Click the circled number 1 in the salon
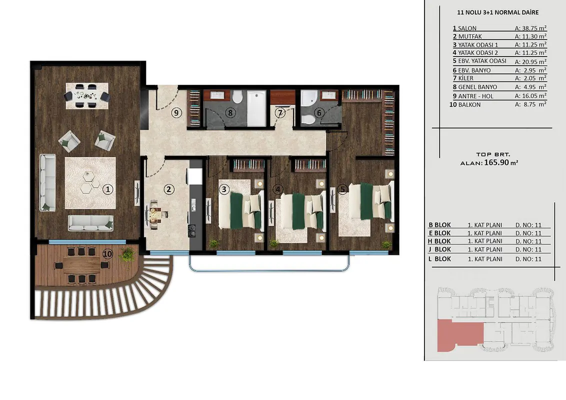point(107,189)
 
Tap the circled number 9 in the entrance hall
point(176,113)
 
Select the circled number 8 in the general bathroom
point(230,113)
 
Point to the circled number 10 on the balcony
point(107,254)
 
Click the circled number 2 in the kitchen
point(168,189)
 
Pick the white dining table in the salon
point(87,95)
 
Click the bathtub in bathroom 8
point(256,108)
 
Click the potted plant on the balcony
point(127,254)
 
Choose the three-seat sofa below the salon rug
point(90,222)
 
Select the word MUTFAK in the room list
point(470,36)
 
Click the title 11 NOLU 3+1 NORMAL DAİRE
point(498,12)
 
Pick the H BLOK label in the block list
point(439,241)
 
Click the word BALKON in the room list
point(469,104)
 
